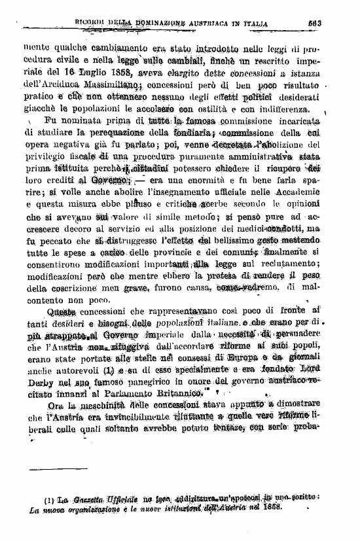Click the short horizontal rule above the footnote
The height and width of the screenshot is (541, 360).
50,469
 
